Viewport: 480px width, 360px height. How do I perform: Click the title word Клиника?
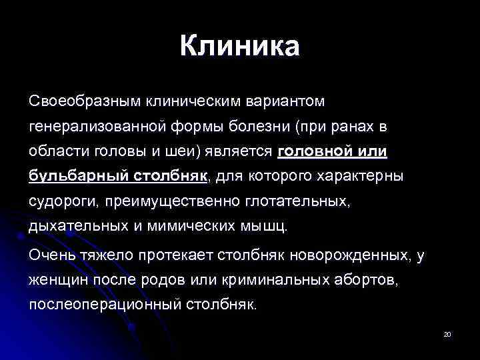pos(240,47)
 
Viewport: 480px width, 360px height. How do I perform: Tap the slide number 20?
pos(447,334)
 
